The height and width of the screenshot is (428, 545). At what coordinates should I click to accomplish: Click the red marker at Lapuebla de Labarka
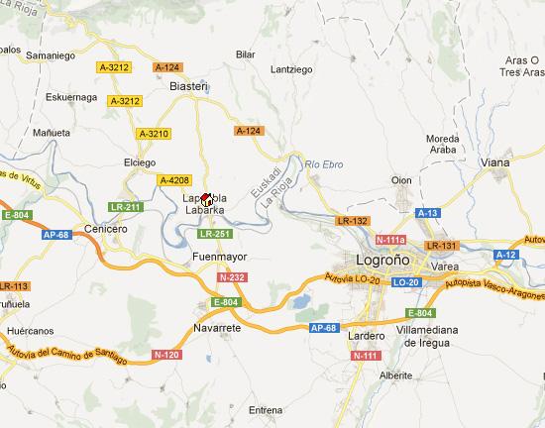click(x=207, y=198)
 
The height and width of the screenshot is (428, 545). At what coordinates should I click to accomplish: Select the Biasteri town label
click(x=188, y=86)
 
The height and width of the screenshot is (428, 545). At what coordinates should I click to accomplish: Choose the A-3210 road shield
click(x=154, y=134)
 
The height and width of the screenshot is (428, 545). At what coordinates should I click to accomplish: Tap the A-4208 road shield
click(x=173, y=179)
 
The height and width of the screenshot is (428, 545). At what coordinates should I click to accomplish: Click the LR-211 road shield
click(x=126, y=207)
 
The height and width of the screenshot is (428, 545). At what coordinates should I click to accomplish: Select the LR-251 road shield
click(x=214, y=234)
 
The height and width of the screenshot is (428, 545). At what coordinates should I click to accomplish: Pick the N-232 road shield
click(x=234, y=277)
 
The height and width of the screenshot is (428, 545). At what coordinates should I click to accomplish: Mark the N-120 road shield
click(x=165, y=354)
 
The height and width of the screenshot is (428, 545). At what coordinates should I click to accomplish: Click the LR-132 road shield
click(x=353, y=220)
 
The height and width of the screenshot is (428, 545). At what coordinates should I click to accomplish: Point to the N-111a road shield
click(x=392, y=239)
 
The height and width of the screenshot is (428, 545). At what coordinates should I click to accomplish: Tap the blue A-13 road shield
click(x=428, y=213)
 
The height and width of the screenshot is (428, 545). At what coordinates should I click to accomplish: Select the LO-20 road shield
click(x=406, y=282)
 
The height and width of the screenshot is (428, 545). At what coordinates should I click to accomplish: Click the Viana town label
click(x=492, y=161)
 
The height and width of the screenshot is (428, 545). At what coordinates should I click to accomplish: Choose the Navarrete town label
click(x=217, y=326)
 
